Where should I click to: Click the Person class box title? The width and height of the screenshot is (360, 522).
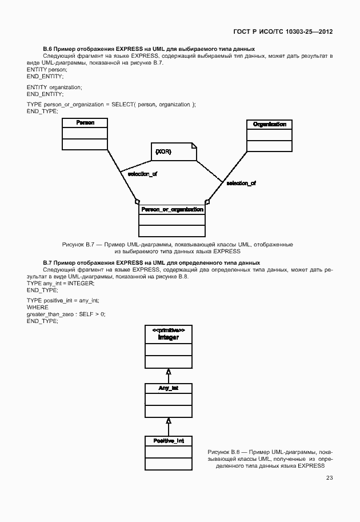(x=85, y=123)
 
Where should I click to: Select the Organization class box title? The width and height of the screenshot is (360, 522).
(x=269, y=124)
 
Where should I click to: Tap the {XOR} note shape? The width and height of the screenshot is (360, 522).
(x=174, y=152)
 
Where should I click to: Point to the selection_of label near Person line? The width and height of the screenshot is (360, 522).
(x=142, y=174)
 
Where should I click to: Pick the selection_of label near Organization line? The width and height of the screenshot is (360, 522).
(x=241, y=183)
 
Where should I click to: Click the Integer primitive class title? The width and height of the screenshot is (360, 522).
(x=169, y=337)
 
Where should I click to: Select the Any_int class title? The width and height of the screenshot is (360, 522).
(x=169, y=388)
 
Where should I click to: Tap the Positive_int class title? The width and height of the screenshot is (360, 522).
(x=169, y=441)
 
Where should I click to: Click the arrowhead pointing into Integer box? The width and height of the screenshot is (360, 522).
(x=169, y=372)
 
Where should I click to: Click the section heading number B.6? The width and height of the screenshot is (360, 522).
(x=48, y=49)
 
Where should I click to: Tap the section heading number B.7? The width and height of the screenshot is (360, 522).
(x=48, y=262)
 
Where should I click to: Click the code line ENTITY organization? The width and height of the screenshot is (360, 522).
(x=54, y=87)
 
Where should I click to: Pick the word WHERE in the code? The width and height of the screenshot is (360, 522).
(x=37, y=307)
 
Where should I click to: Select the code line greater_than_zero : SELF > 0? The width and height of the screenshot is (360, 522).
(x=66, y=314)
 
